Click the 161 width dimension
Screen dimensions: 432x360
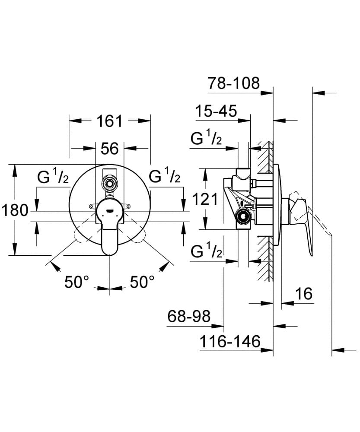pos(110,121)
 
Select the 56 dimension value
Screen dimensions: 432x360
pos(110,149)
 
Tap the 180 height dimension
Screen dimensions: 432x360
pos(15,211)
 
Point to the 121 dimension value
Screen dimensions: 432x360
pos(204,199)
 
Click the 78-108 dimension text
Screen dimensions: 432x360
pos(233,83)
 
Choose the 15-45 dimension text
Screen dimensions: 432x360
pos(215,111)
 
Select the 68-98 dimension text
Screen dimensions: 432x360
pos(189,317)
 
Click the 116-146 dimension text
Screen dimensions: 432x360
pos(230,342)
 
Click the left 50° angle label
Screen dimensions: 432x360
pos(76,282)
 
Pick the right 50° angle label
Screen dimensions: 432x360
pos(142,282)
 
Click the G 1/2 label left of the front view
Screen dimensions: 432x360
pos(53,177)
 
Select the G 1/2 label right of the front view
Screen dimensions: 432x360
pos(165,177)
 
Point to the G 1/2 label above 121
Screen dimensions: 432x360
pos(207,139)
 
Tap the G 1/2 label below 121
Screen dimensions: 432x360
pos(207,251)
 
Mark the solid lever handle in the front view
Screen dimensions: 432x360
pos(110,233)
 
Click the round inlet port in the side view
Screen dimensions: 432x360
pos(244,216)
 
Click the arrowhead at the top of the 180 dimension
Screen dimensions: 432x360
pos(15,169)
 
